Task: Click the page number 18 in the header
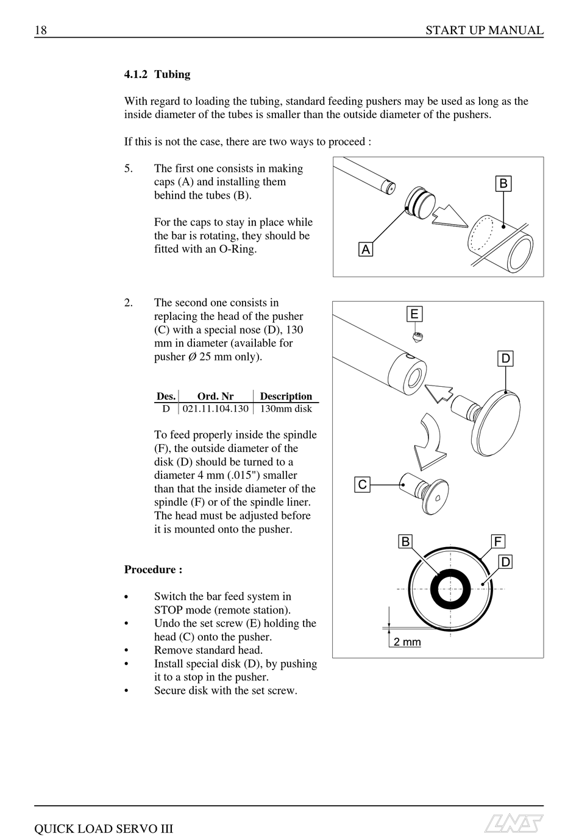pos(41,30)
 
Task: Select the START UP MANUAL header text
pos(484,30)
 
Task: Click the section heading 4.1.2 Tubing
pos(157,74)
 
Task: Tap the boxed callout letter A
pos(365,249)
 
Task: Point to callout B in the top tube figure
pos(503,183)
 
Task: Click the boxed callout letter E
pos(414,314)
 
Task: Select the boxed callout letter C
pos(363,484)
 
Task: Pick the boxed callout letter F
pos(498,542)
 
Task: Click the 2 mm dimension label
pos(407,641)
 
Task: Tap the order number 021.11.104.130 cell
pos(216,409)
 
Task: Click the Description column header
pos(286,396)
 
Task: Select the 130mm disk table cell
pos(286,409)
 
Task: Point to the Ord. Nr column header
pos(215,396)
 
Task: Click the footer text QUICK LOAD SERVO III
pos(104,828)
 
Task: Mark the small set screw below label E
pos(418,336)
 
